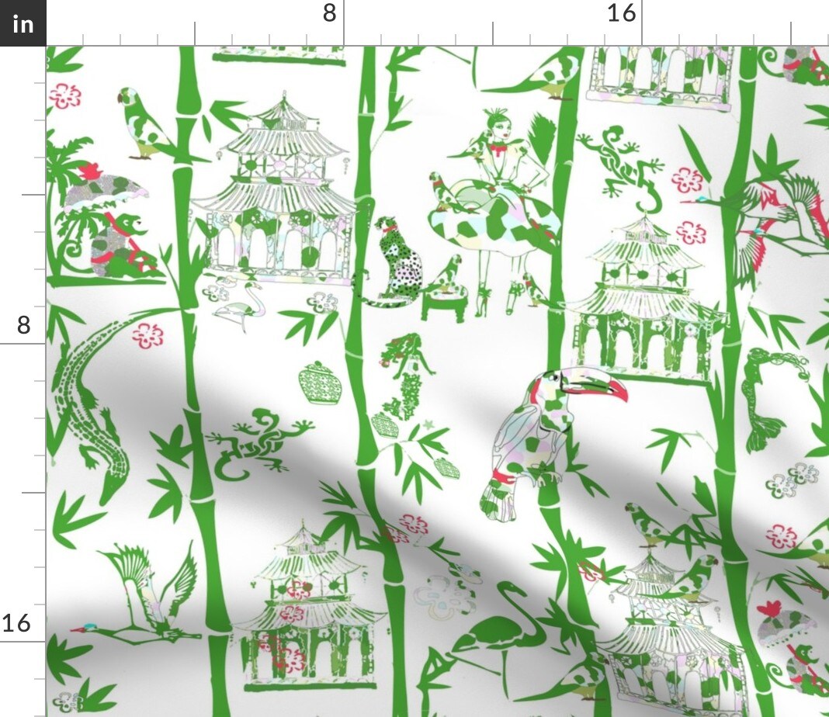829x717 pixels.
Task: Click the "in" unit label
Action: tap(23, 24)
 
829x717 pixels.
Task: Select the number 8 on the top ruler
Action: tap(329, 13)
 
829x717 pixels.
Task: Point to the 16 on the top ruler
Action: tap(621, 13)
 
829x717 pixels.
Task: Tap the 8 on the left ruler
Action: tap(23, 324)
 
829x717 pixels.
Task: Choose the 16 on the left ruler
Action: tap(17, 623)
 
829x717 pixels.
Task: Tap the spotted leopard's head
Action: tap(386, 226)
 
